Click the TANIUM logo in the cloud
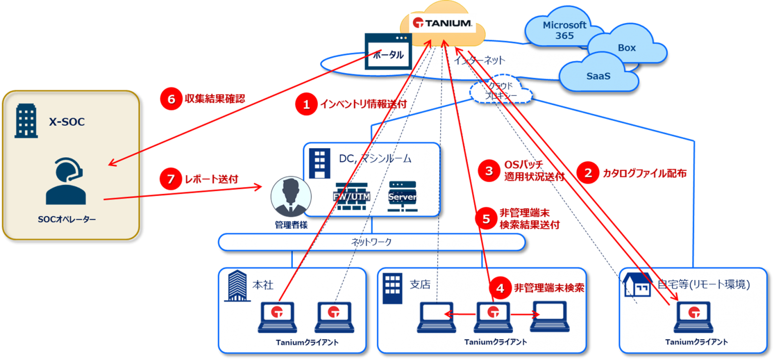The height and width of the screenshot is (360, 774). tap(442, 23)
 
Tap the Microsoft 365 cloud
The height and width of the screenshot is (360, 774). tap(564, 30)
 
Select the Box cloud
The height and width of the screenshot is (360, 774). tap(626, 48)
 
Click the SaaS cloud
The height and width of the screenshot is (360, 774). tap(598, 76)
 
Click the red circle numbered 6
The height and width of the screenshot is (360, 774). tap(171, 99)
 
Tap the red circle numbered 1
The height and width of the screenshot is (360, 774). tap(305, 104)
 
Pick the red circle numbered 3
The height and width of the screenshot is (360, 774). tap(488, 170)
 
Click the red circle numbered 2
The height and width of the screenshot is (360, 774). tap(588, 173)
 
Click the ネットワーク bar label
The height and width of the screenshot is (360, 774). tap(371, 242)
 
